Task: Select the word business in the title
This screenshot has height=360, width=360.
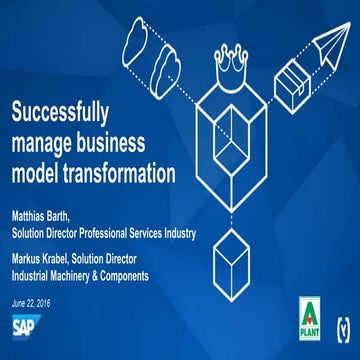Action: (127, 141)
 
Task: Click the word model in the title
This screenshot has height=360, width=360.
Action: (39, 171)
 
